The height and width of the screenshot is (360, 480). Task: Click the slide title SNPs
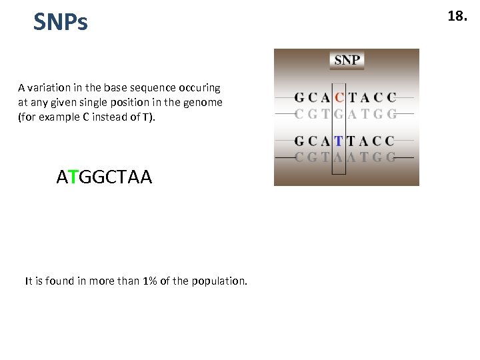click(61, 23)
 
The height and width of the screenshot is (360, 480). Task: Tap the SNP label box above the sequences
click(347, 60)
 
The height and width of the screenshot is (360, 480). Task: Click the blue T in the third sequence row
click(339, 141)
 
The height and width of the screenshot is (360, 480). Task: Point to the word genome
click(205, 103)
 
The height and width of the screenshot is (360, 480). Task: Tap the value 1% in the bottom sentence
click(151, 281)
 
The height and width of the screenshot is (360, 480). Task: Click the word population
click(219, 281)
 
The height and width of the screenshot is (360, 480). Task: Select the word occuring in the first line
click(199, 88)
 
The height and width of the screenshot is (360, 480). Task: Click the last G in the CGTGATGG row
click(391, 114)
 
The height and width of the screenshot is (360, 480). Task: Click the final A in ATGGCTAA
click(146, 177)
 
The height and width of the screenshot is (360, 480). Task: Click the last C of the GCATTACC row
click(390, 141)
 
